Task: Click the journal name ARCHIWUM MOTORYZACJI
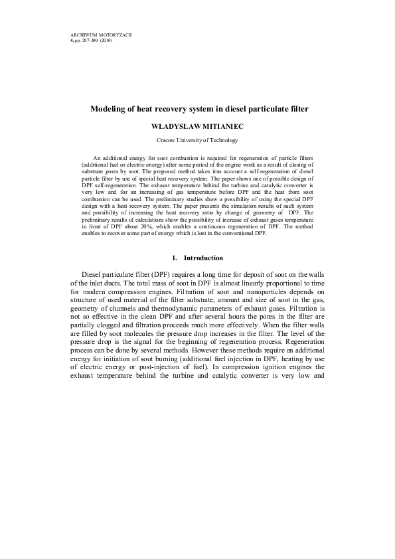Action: click(x=101, y=34)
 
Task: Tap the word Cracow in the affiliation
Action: click(x=167, y=141)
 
